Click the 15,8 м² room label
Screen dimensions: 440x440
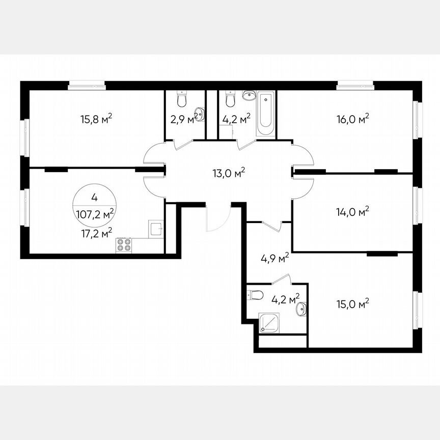(96, 119)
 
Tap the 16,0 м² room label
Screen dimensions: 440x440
(352, 119)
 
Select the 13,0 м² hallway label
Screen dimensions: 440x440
(229, 173)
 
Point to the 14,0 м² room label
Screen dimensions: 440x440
(352, 212)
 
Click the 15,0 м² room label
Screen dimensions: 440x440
(352, 304)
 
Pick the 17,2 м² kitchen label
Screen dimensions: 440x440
(97, 233)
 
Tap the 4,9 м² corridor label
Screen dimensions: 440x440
(274, 258)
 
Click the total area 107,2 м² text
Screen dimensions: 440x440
(95, 215)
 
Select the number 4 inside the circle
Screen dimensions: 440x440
(95, 198)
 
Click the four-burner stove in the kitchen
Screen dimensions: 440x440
(124, 245)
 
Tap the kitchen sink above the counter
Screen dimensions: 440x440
(156, 229)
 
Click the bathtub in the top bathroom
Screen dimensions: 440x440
(265, 114)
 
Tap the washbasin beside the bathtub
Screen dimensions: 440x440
(249, 95)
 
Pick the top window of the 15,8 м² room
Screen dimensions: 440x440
(87, 86)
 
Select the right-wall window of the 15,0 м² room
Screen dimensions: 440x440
(418, 310)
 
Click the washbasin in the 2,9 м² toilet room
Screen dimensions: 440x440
(200, 115)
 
